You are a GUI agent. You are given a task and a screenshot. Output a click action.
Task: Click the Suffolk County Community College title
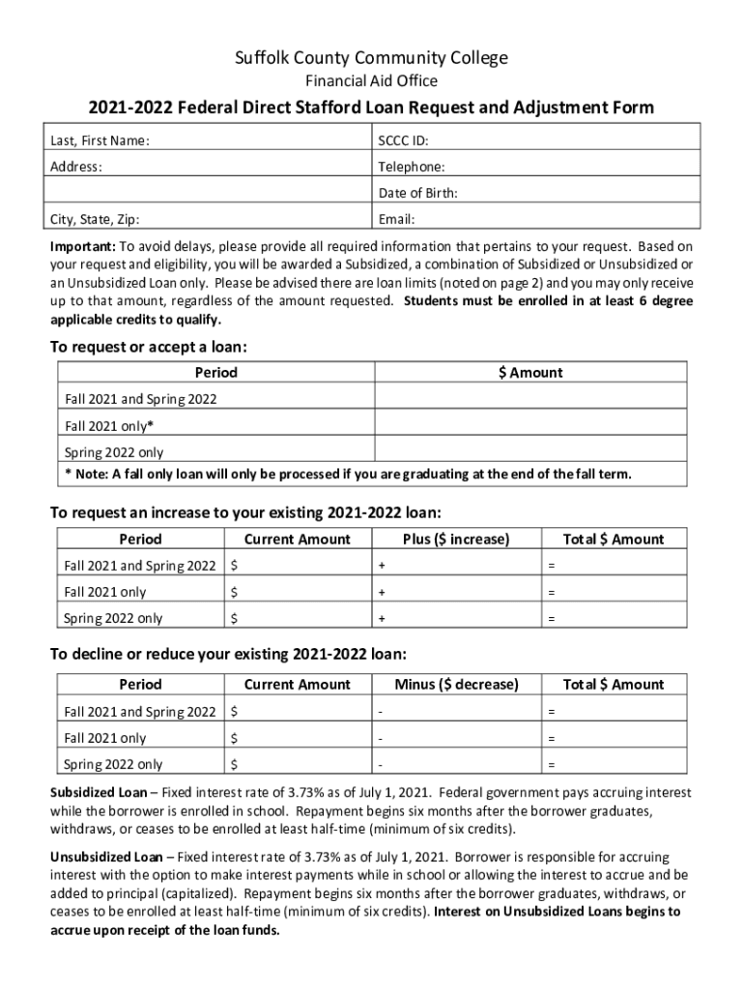point(372,58)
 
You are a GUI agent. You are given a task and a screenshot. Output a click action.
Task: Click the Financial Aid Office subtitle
point(372,82)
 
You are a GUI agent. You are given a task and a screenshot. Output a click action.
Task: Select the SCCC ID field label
point(404,141)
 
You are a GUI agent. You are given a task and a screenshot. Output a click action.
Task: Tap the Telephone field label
point(413,167)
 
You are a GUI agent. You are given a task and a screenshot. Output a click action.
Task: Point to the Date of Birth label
point(418,193)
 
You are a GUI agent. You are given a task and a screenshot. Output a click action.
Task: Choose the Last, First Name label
point(100,141)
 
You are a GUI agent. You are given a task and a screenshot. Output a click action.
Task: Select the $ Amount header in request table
point(530,373)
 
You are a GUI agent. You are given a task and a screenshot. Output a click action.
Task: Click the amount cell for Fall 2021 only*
point(530,425)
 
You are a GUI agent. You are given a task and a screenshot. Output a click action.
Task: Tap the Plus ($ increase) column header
point(456,539)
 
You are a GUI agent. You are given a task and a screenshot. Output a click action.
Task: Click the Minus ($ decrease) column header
point(456,685)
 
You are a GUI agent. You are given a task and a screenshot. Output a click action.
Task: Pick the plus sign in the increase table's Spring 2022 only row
point(382,618)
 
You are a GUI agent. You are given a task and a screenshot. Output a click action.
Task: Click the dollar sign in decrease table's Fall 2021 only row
point(234,739)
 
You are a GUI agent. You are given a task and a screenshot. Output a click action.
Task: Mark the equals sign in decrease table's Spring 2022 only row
point(552,765)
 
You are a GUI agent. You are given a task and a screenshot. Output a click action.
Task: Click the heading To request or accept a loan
point(155,347)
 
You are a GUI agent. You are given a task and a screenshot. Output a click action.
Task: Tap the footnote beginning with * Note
point(348,474)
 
